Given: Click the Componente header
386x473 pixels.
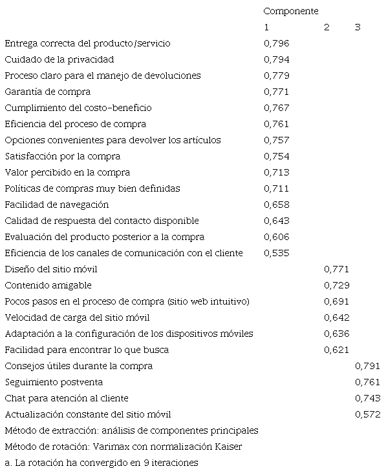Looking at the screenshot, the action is (x=291, y=11).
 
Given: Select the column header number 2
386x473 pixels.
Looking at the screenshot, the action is (x=327, y=27).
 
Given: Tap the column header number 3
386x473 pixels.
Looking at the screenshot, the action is (x=358, y=27).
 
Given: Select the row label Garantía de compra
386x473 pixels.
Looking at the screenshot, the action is (x=48, y=92).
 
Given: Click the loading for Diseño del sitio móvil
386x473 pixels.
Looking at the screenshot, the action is (x=336, y=269).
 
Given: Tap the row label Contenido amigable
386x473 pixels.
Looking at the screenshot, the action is (x=48, y=285).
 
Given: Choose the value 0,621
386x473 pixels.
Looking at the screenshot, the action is (x=336, y=350).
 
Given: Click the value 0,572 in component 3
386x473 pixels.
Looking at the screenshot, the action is (x=368, y=414).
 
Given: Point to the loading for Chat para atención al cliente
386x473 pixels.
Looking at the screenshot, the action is (x=368, y=398).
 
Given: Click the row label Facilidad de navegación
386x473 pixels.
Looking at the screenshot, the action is (x=57, y=205).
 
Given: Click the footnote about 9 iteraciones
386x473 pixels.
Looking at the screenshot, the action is (x=101, y=463).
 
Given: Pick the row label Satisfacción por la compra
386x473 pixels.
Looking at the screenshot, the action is (x=63, y=156).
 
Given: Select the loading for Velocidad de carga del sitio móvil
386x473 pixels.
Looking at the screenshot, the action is (x=336, y=317).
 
